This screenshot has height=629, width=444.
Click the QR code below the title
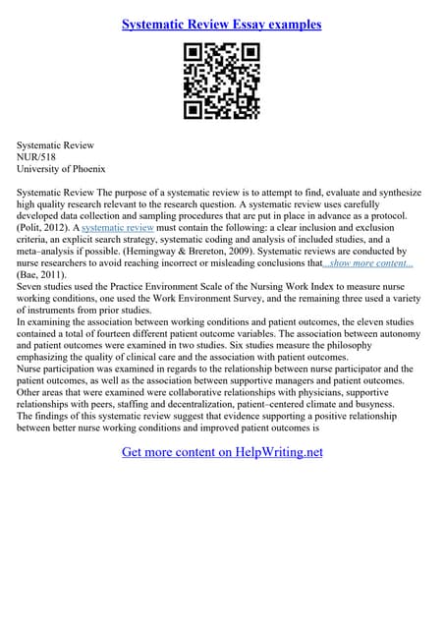point(221,83)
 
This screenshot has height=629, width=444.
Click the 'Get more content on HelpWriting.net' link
point(222,452)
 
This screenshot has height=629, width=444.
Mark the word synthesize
point(395,194)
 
